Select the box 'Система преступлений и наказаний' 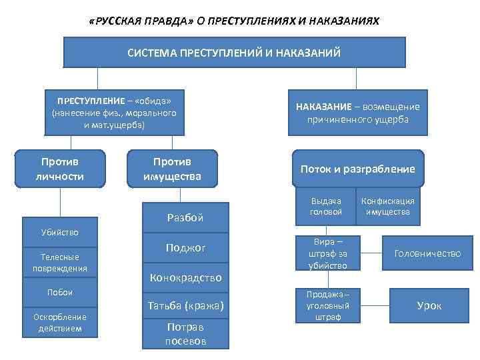[x=234, y=52]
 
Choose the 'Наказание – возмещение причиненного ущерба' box [x=358, y=113]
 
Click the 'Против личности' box [x=62, y=169]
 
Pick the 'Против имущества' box [x=172, y=169]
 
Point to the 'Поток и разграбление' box [x=357, y=169]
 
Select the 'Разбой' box [x=185, y=217]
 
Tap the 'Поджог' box [x=185, y=248]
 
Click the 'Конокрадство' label [x=185, y=277]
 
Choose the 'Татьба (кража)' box [x=185, y=306]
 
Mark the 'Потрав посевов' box [x=185, y=333]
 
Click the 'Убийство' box [x=60, y=232]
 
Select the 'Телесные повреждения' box [x=60, y=262]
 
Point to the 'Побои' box [x=60, y=292]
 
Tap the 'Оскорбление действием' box [x=60, y=322]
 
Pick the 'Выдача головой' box [x=326, y=206]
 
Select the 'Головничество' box [x=427, y=253]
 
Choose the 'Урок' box [x=429, y=306]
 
